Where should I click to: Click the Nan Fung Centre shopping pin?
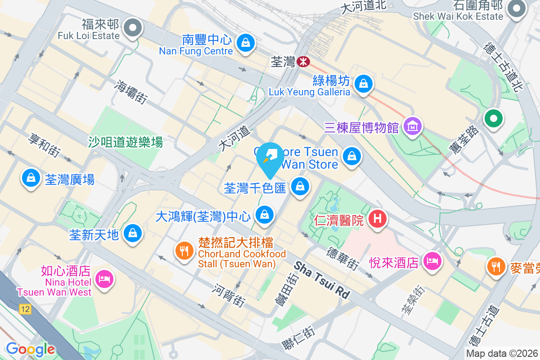tap(245, 43)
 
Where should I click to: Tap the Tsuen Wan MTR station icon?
tap(304, 62)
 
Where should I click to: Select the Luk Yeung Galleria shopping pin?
tap(363, 84)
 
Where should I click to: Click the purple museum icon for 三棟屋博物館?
tap(413, 127)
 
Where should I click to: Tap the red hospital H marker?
tap(378, 219)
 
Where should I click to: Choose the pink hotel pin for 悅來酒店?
tap(433, 261)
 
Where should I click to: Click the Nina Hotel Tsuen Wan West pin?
tap(104, 279)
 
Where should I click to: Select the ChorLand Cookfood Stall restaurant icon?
tap(184, 251)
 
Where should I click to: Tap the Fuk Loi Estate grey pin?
tap(132, 27)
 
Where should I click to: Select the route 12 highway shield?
tap(25, 309)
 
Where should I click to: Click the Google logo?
tap(30, 349)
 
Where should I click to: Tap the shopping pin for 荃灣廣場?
tap(30, 178)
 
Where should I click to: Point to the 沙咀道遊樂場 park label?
tap(126, 143)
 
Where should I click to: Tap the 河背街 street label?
tap(229, 295)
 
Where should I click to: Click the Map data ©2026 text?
tap(502, 354)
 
